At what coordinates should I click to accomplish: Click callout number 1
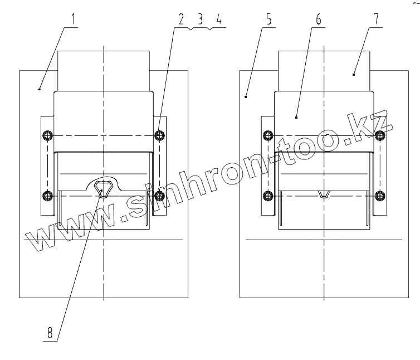(74, 19)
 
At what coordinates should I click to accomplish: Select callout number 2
(182, 20)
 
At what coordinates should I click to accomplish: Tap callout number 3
(200, 20)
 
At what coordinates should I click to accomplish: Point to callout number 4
(219, 20)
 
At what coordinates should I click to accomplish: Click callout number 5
(268, 20)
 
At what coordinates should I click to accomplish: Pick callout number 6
(319, 20)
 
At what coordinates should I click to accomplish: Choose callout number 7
(376, 18)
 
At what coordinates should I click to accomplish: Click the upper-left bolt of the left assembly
(48, 135)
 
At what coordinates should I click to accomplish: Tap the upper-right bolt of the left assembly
(160, 135)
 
